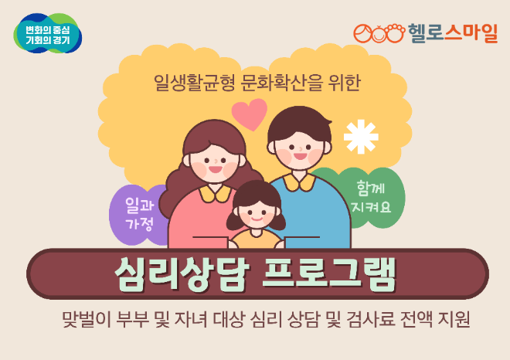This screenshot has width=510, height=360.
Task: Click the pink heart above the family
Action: coord(249,114)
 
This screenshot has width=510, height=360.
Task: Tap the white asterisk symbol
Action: coord(361,136)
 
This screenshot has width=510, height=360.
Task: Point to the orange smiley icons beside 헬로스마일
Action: coord(379,34)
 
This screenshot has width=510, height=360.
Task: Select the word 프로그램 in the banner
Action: coord(330,273)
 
